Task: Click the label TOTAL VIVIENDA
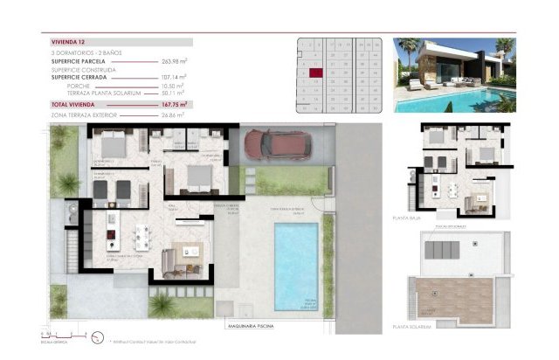[x=72, y=104]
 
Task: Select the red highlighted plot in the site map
[x=317, y=74]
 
